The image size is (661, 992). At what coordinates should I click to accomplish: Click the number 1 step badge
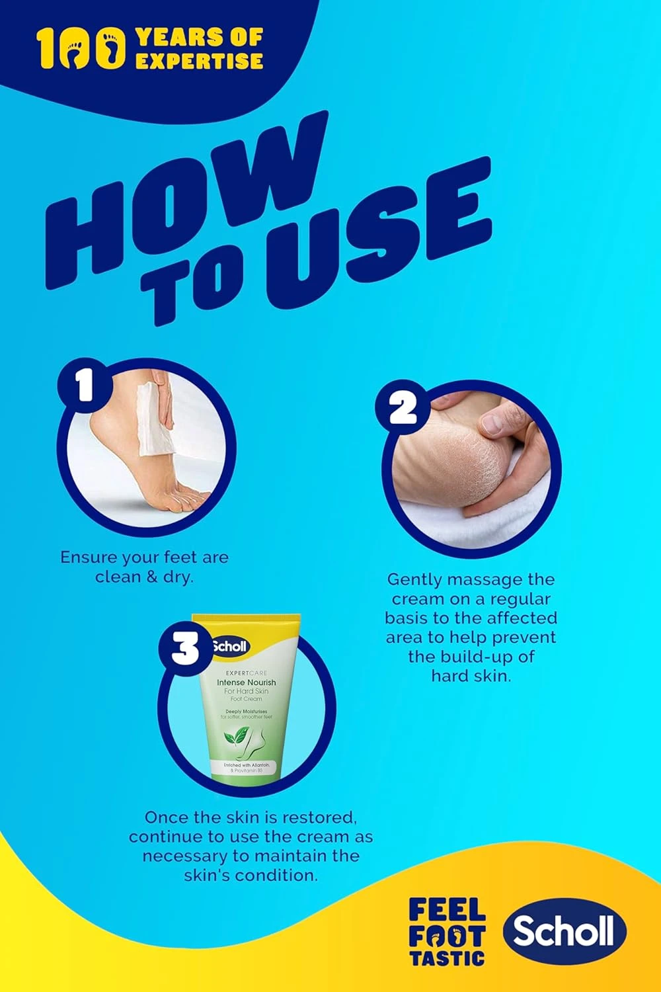(85, 386)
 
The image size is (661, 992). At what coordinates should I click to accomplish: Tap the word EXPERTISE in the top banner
(199, 62)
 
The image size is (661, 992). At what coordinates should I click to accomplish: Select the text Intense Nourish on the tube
(247, 682)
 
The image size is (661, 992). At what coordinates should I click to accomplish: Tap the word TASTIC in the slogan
(447, 957)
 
